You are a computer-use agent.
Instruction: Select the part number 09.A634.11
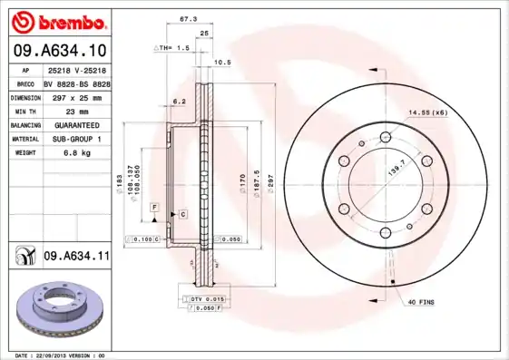point(76,258)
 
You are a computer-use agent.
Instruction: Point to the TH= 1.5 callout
point(173,46)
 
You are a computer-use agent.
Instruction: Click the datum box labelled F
point(155,209)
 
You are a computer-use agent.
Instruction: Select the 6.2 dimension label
point(179,101)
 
